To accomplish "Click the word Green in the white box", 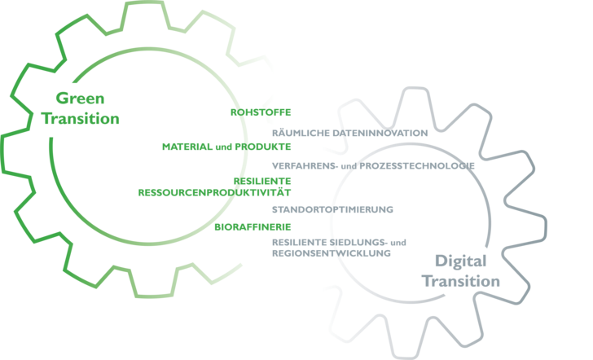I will click(81, 99).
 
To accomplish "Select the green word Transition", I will click(81, 118).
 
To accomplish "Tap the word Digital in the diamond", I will click(460, 261).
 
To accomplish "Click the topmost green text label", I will click(260, 112).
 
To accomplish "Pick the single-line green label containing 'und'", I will click(226, 147).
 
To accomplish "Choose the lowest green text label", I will click(253, 227).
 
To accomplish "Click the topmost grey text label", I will click(349, 132).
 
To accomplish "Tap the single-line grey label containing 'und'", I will click(372, 165).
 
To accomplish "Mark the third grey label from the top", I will click(332, 209).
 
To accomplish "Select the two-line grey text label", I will click(337, 248).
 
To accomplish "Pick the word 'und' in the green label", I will click(219, 147).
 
